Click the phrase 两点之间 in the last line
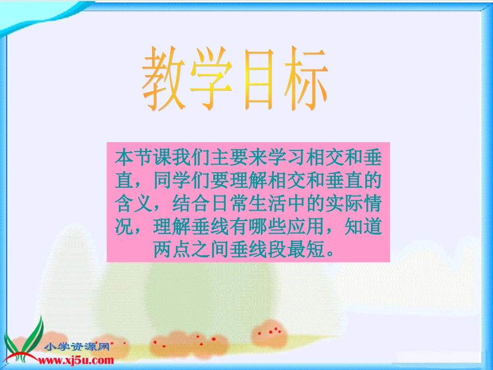tap(190, 250)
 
